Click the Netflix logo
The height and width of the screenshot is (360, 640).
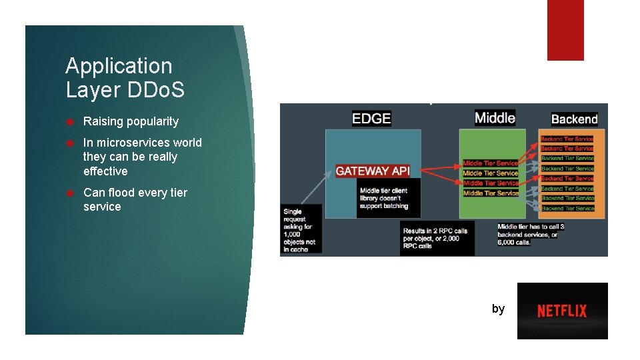click(562, 311)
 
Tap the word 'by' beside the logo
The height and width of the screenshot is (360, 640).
click(498, 309)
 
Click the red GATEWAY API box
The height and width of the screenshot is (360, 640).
click(372, 171)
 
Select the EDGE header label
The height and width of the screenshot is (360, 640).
click(371, 119)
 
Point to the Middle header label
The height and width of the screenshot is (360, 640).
click(495, 118)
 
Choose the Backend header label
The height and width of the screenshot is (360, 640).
click(574, 119)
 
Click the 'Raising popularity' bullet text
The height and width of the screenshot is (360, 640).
click(131, 121)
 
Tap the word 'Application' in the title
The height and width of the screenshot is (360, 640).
click(119, 66)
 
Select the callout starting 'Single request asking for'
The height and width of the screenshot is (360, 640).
click(301, 228)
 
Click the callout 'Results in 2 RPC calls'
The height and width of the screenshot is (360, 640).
click(437, 238)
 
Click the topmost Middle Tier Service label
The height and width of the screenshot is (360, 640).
click(491, 163)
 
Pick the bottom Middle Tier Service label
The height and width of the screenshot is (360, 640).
click(491, 193)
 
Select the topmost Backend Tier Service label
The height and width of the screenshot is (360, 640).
click(567, 139)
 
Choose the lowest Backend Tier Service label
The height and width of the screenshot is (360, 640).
click(567, 209)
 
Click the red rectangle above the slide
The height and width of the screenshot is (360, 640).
click(565, 30)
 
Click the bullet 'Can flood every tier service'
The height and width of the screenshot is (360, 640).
click(135, 199)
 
